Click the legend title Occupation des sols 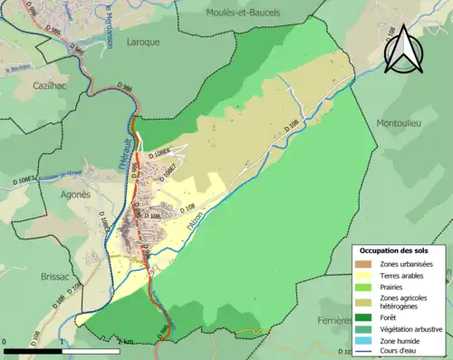(x=395, y=250)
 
